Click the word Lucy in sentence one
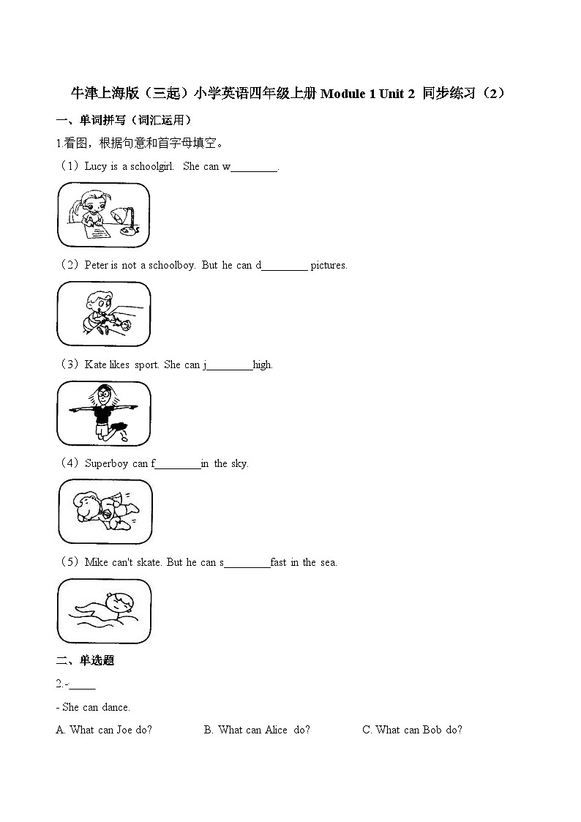tap(96, 166)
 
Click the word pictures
tap(329, 265)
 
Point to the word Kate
tap(96, 365)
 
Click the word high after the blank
tap(263, 365)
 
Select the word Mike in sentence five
tap(97, 562)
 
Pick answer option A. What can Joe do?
tap(104, 730)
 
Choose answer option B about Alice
tap(257, 730)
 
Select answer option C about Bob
tap(413, 730)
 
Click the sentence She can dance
tap(96, 707)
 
